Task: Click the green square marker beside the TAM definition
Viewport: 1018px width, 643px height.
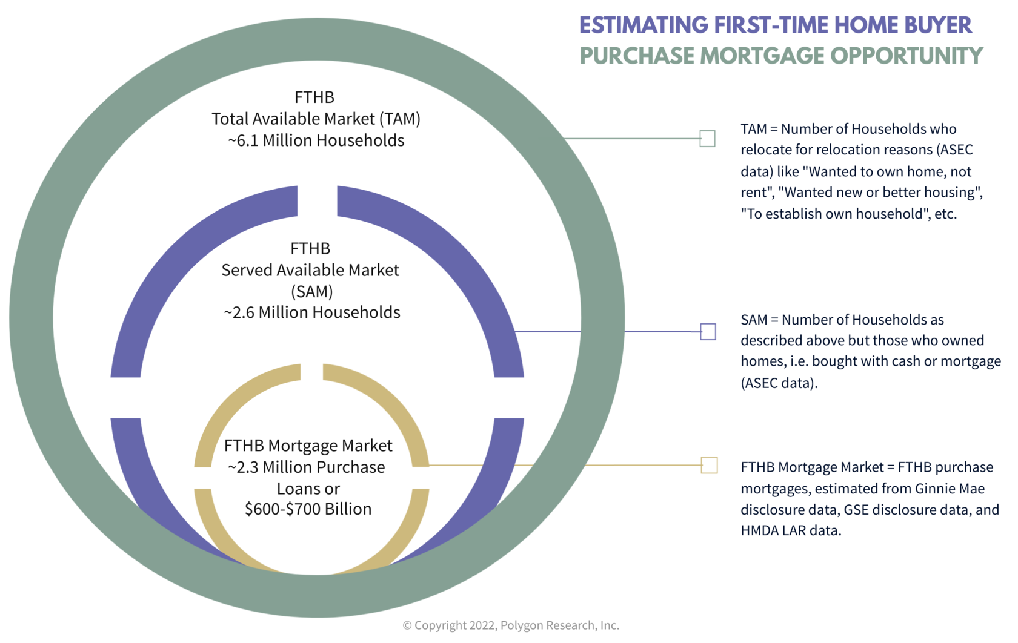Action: coord(707,139)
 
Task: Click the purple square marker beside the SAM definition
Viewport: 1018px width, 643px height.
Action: coord(708,332)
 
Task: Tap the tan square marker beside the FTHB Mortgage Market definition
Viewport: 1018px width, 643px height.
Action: coord(709,466)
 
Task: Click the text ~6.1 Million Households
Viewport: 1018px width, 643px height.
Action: coord(316,140)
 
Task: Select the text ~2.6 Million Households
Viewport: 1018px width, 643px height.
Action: coord(311,312)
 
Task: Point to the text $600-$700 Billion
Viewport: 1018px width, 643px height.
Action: coord(308,509)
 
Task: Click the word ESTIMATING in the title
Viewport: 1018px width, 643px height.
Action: coord(644,25)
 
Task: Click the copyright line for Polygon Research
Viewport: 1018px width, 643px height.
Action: coord(511,625)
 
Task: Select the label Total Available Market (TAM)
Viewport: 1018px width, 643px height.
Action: coord(316,119)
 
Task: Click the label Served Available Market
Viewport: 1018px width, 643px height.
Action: coord(310,270)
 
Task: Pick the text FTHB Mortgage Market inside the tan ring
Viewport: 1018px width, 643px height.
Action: coord(308,446)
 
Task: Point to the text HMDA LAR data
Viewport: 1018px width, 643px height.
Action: coord(791,530)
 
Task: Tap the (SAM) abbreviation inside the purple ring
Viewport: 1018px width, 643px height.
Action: coord(311,292)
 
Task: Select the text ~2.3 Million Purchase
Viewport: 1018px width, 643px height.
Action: coord(307,467)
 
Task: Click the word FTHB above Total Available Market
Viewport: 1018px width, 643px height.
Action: coord(314,97)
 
